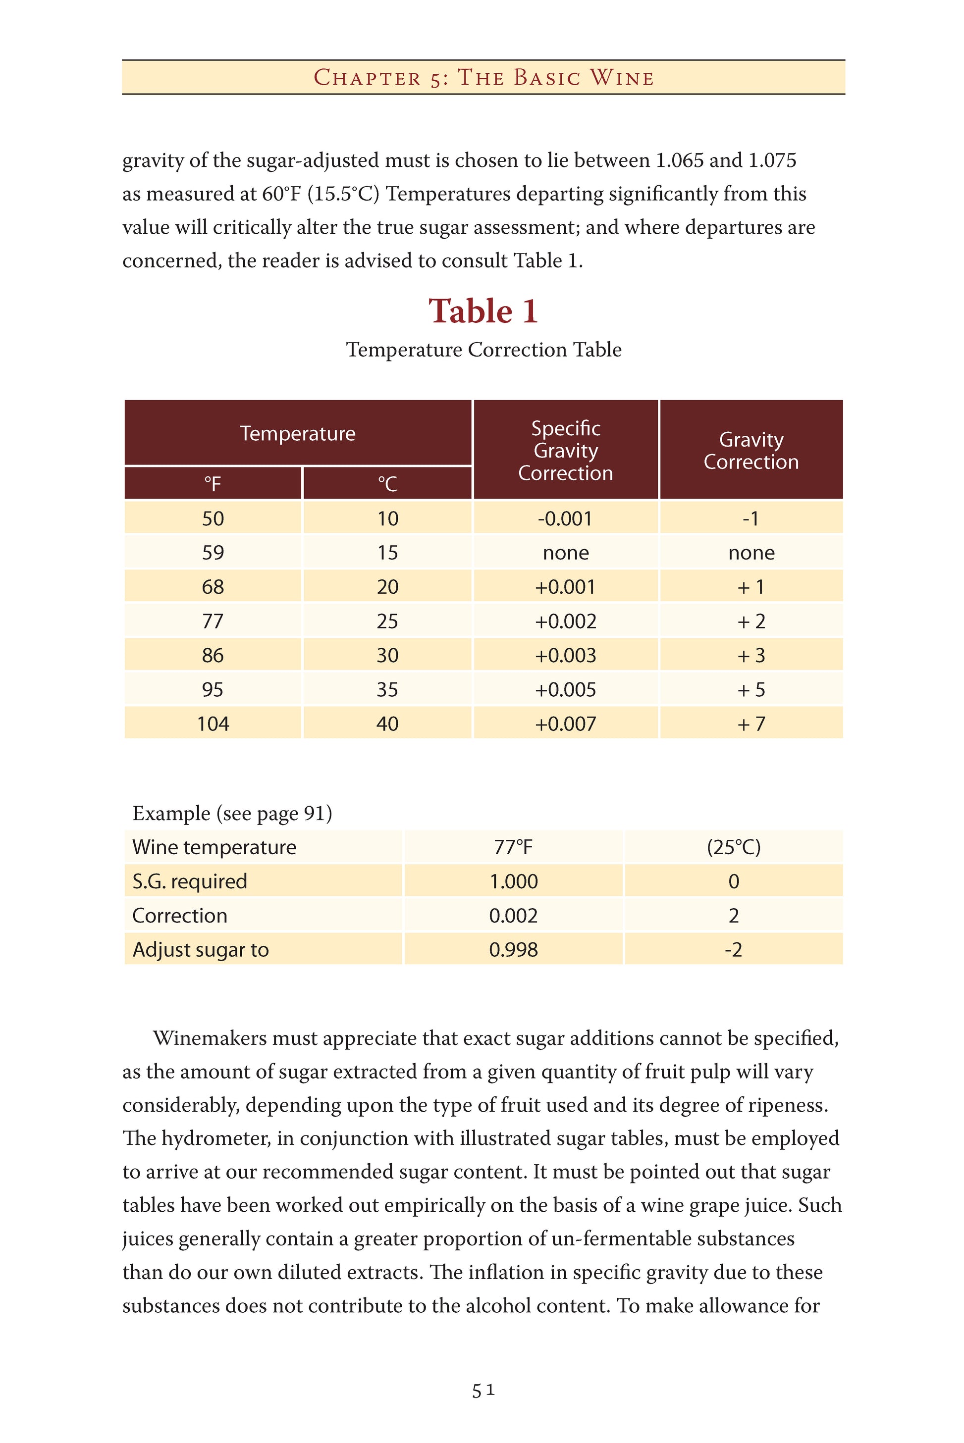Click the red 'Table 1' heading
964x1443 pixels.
tap(483, 311)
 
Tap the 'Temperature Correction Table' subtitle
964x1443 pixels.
tap(483, 350)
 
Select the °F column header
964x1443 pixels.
tap(213, 484)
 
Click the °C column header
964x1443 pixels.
tap(387, 484)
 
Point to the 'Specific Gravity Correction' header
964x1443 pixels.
tap(565, 451)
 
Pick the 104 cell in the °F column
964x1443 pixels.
tap(213, 723)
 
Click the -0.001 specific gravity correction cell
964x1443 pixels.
tap(565, 518)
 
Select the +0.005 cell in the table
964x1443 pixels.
tap(565, 689)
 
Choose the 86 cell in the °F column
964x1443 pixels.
tap(213, 655)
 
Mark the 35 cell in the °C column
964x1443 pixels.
tap(387, 689)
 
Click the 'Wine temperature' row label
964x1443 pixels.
tap(214, 847)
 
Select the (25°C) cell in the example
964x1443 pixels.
tap(734, 847)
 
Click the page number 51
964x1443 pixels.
tap(483, 1391)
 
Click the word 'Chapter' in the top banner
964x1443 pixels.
tap(368, 78)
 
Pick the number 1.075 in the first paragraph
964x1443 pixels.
tap(772, 160)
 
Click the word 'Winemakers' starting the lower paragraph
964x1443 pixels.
tap(210, 1038)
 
